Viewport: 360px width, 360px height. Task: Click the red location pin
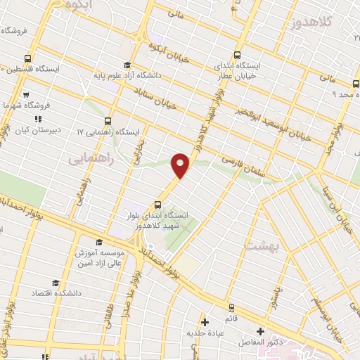coord(181,165)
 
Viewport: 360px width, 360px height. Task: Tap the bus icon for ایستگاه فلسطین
coord(27,58)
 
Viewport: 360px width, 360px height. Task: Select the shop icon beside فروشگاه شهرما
coord(26,94)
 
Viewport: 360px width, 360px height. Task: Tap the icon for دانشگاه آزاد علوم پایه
coord(127,65)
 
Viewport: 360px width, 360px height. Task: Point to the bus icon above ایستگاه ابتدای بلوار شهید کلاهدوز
coord(157,205)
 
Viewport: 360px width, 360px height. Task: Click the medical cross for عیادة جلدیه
coord(203,321)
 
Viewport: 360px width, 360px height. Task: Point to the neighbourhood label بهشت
coord(261,245)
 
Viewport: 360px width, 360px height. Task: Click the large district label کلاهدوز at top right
coord(308,23)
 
